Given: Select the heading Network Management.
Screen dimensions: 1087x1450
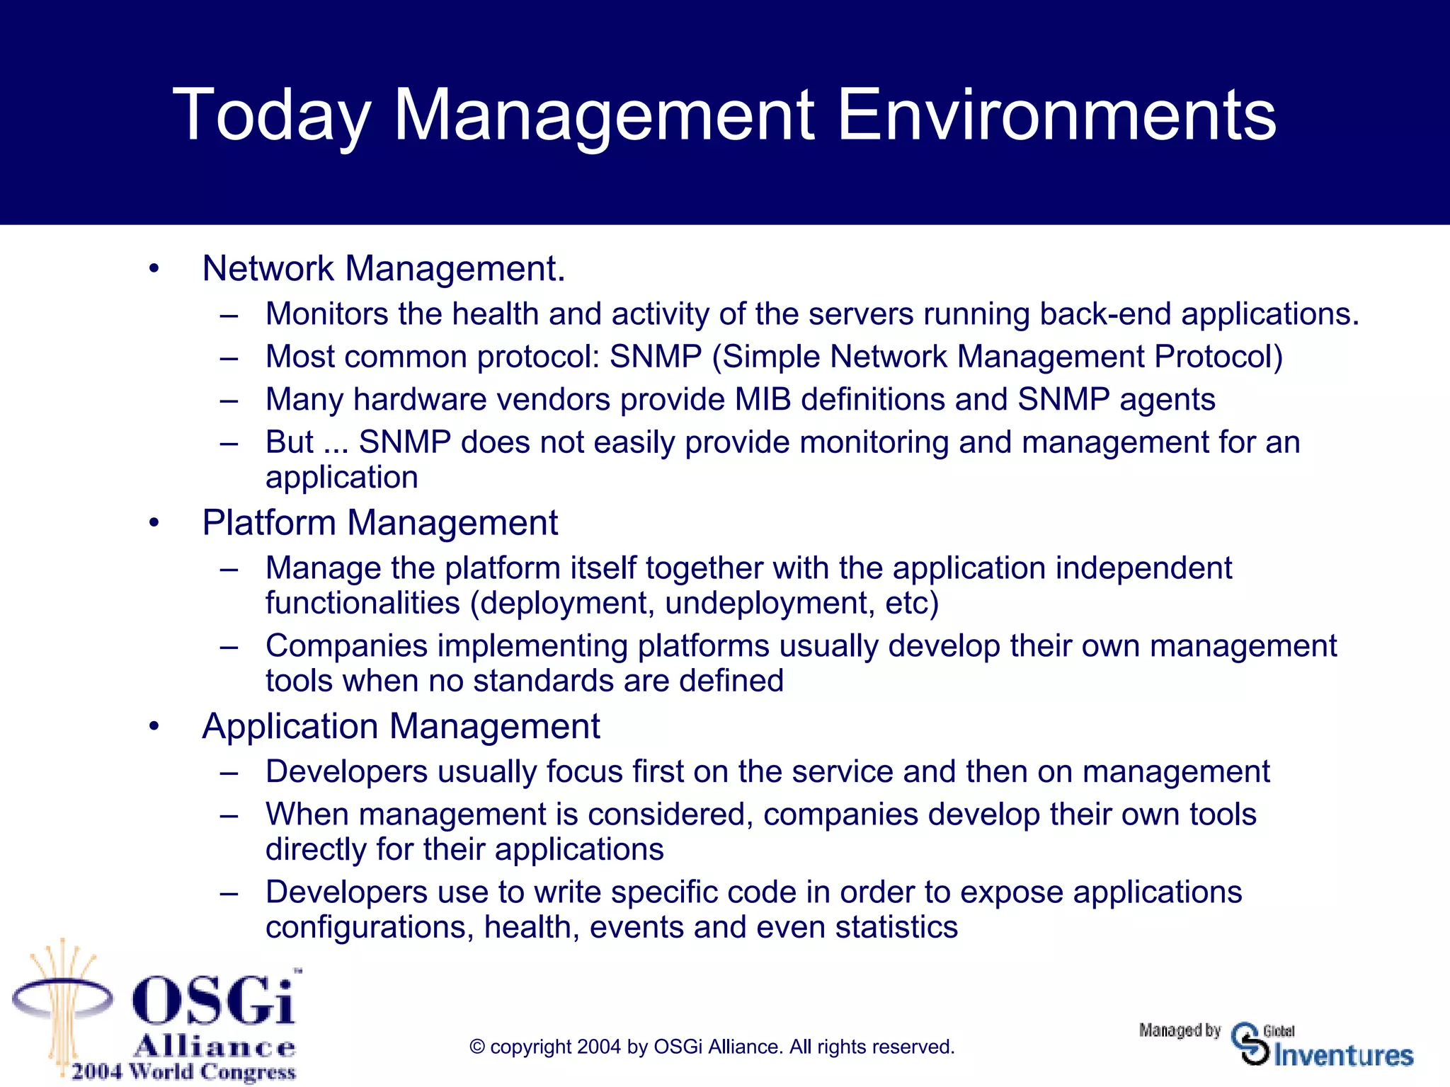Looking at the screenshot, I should pyautogui.click(x=383, y=269).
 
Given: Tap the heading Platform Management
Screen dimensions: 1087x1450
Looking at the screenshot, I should pyautogui.click(x=379, y=523).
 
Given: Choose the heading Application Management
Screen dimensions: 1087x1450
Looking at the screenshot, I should pyautogui.click(x=401, y=727).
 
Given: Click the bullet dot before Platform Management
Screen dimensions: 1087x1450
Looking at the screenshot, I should pyautogui.click(x=154, y=524).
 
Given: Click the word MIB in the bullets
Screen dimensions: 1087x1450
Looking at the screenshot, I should pyautogui.click(x=763, y=400).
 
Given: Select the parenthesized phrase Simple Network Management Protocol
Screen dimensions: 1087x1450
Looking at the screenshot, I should pyautogui.click(x=997, y=357).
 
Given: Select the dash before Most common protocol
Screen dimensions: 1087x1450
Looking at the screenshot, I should pyautogui.click(x=228, y=358).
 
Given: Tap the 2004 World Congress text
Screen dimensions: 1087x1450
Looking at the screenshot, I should pyautogui.click(x=183, y=1071).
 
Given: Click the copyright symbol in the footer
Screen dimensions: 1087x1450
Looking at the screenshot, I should pyautogui.click(x=476, y=1047).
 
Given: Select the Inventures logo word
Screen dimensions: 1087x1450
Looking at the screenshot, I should pyautogui.click(x=1343, y=1056).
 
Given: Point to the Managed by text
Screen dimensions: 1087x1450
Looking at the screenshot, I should pyautogui.click(x=1180, y=1030).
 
